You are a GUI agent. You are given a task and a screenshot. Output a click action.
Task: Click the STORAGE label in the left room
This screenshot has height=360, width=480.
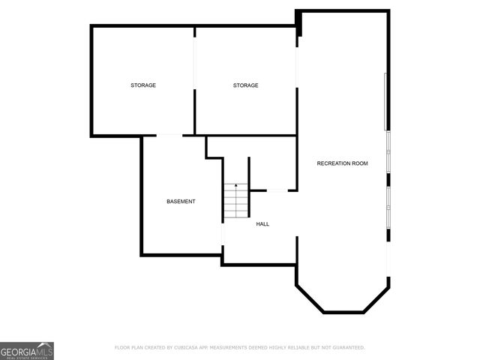click(143, 85)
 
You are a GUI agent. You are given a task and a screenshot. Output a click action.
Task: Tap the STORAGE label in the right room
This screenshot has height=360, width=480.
click(245, 85)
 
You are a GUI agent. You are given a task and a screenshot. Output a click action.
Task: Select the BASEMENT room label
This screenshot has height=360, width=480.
click(181, 202)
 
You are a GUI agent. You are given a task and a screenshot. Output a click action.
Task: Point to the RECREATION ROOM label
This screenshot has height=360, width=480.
click(342, 163)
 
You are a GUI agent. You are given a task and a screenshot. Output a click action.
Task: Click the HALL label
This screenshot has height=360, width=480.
click(262, 224)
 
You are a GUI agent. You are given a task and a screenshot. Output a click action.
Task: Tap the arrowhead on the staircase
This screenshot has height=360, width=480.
click(235, 185)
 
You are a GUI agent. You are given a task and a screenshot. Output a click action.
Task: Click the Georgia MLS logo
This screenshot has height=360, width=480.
click(27, 350)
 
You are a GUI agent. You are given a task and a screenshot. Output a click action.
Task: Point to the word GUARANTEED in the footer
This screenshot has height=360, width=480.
click(349, 348)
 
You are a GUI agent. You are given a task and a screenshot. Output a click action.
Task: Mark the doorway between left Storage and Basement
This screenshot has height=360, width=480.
click(169, 136)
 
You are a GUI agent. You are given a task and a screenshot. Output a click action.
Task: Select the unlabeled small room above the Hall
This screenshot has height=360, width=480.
click(273, 161)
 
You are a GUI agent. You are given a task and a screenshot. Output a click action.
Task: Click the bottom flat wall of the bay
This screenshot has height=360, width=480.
click(343, 312)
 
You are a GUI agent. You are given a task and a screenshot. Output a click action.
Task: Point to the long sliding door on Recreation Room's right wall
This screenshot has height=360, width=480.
click(387, 101)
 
